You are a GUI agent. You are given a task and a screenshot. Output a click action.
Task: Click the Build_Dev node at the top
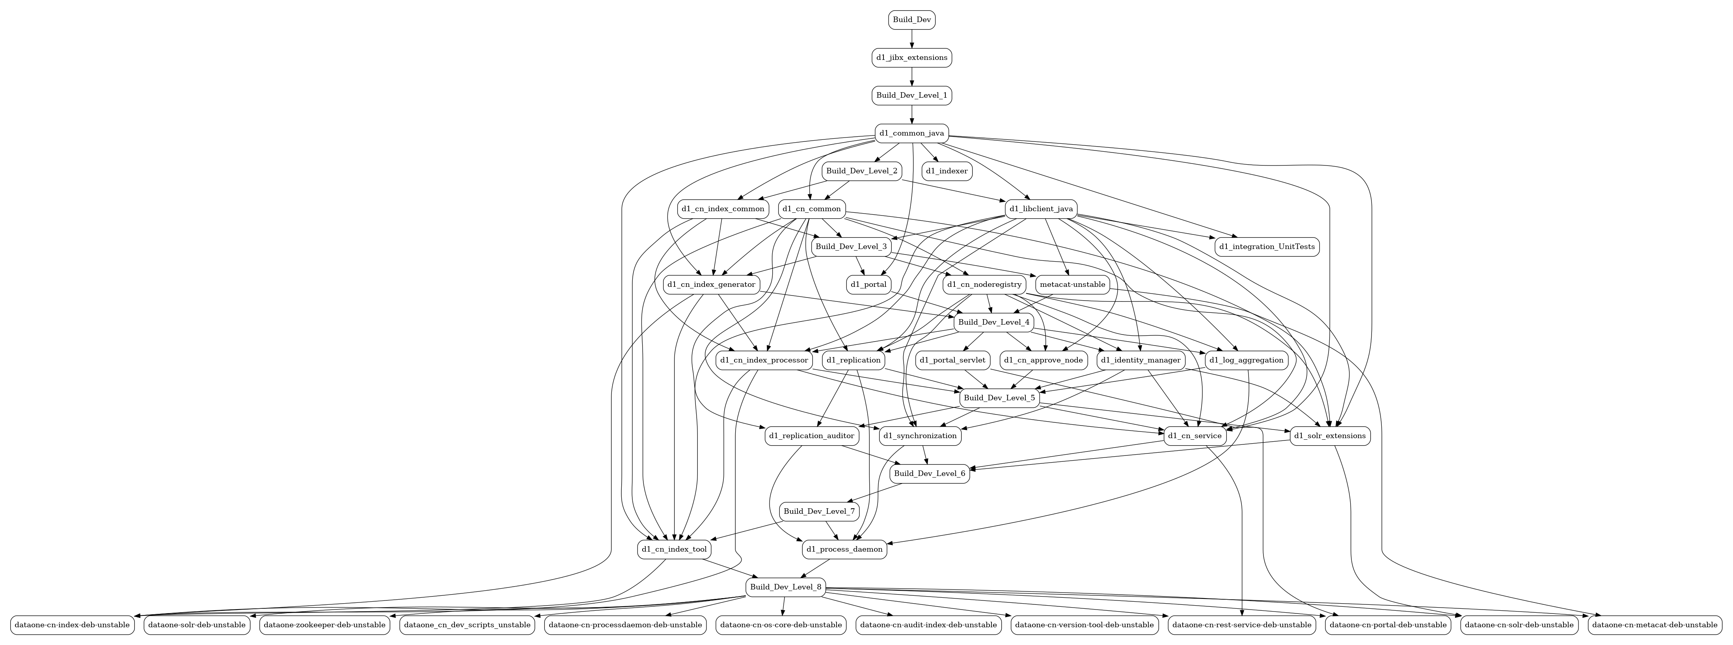click(x=911, y=20)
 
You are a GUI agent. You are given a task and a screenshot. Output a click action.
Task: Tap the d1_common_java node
click(x=911, y=133)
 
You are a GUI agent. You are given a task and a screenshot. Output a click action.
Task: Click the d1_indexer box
click(x=947, y=171)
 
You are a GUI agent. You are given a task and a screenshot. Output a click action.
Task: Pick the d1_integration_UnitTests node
click(x=1266, y=246)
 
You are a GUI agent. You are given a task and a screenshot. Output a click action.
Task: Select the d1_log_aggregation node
click(x=1246, y=360)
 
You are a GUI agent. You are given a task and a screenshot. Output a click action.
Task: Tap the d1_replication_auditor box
click(x=812, y=436)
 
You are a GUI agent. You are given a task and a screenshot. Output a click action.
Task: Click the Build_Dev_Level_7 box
click(x=819, y=511)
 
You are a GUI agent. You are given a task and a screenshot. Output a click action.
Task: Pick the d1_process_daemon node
click(x=845, y=549)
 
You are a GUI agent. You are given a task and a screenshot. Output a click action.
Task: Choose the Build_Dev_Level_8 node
click(x=785, y=587)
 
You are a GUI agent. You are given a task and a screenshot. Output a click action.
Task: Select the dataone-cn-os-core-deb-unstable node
click(x=781, y=625)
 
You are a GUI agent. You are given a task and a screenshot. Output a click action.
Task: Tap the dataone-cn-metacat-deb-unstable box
click(x=1654, y=625)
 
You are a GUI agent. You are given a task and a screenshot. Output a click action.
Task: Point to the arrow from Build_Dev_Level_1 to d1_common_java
click(x=911, y=114)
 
